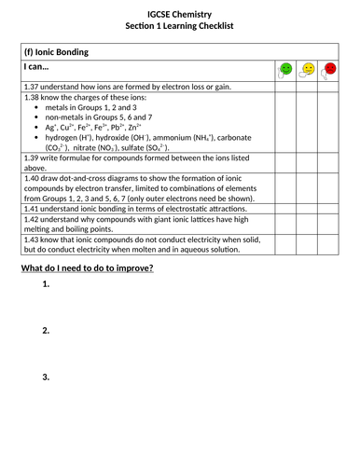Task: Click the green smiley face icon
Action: click(x=286, y=69)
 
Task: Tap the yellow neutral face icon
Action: click(x=308, y=69)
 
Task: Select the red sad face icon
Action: click(x=330, y=69)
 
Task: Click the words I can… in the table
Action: click(x=39, y=69)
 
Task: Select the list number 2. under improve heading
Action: click(x=46, y=331)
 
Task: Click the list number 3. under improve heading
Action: click(x=46, y=377)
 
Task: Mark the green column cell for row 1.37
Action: click(x=286, y=87)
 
